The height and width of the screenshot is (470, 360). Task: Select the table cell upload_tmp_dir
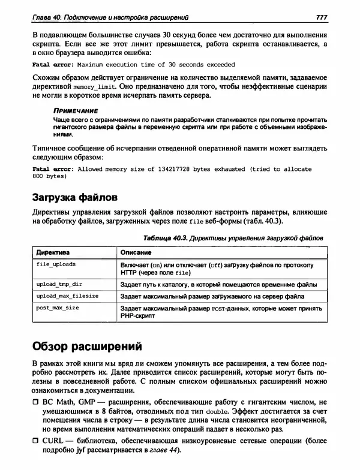pyautogui.click(x=59, y=285)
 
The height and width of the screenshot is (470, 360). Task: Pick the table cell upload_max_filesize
pyautogui.click(x=67, y=296)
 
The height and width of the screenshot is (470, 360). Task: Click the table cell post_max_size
pyautogui.click(x=58, y=308)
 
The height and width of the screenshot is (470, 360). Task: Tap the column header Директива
pyautogui.click(x=53, y=252)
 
